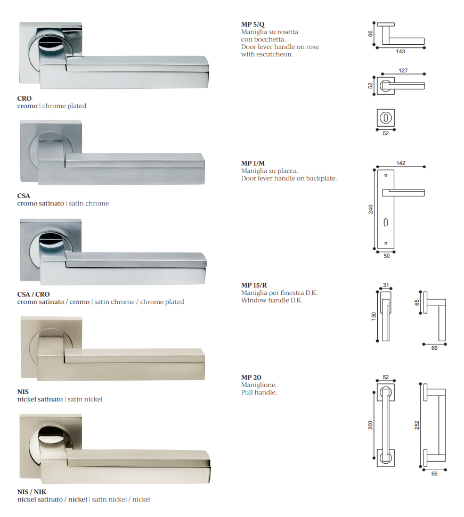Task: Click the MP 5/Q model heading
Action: click(x=253, y=24)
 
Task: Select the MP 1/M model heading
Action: click(x=253, y=163)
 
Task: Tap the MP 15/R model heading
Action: click(x=254, y=285)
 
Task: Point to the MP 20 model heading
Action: click(x=251, y=377)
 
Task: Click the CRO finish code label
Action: click(x=25, y=99)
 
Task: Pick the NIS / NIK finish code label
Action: click(x=31, y=491)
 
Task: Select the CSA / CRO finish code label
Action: click(x=34, y=294)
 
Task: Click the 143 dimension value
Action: click(x=401, y=52)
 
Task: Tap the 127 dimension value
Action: click(x=403, y=71)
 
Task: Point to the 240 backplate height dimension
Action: click(x=371, y=209)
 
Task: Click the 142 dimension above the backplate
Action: click(x=401, y=163)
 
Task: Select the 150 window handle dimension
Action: click(x=373, y=316)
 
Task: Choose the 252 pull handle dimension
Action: click(x=417, y=425)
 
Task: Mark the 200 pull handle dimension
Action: click(x=371, y=425)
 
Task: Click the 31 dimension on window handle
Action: click(x=386, y=285)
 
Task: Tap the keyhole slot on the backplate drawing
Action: click(x=386, y=223)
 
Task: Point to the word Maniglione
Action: click(x=259, y=385)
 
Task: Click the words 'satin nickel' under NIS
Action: click(x=85, y=399)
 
